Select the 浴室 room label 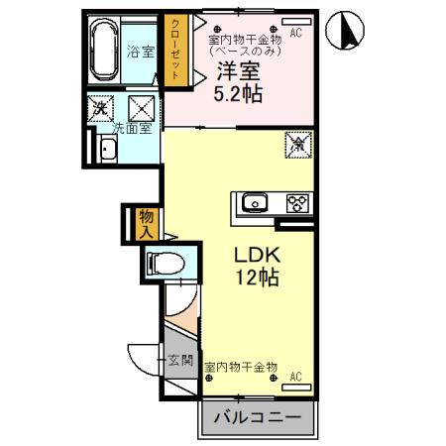(x=140, y=51)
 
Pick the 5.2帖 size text (x=240, y=94)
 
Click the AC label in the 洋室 (x=296, y=33)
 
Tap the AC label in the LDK (x=295, y=376)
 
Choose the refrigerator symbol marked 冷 (x=297, y=143)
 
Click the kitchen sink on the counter (x=255, y=203)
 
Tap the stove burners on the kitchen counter (x=297, y=203)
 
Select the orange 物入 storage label (x=145, y=223)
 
